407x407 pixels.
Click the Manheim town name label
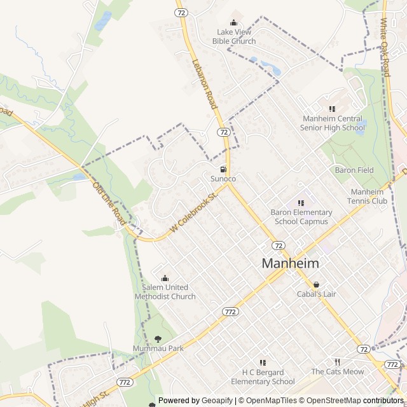click(290, 263)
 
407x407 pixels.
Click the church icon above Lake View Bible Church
click(233, 23)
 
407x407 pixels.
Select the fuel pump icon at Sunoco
click(223, 170)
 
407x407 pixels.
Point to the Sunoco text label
click(223, 179)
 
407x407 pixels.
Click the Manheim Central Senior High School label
click(333, 123)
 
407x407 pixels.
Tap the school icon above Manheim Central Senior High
click(332, 109)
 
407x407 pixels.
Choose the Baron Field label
click(354, 170)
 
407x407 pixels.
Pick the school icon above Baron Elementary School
click(301, 203)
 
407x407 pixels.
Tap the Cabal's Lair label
click(315, 294)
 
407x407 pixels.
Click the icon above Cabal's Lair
click(315, 284)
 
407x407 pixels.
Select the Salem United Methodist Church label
click(165, 292)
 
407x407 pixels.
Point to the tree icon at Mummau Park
click(158, 339)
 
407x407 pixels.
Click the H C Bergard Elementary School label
click(263, 377)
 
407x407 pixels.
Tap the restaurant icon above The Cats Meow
click(338, 362)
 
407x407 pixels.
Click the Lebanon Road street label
click(205, 84)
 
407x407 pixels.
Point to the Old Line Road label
click(109, 203)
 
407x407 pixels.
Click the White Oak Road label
click(384, 47)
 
